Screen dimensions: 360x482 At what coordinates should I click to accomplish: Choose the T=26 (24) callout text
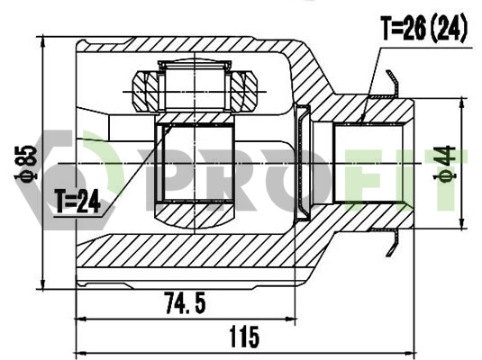pyautogui.click(x=423, y=30)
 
